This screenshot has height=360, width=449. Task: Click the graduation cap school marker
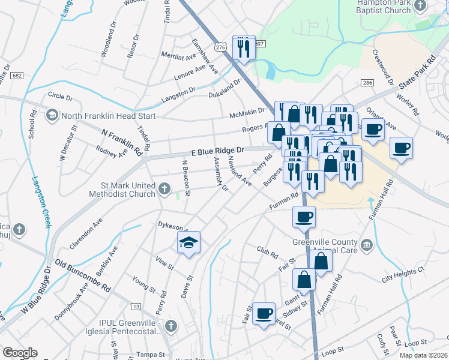pos(188,243)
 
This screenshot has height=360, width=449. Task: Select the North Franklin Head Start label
pos(106,116)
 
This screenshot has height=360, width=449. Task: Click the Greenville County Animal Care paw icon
pos(366,244)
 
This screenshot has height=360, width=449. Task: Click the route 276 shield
pos(220,47)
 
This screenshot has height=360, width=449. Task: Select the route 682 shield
pos(17,76)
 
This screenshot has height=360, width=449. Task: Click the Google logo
pos(20,353)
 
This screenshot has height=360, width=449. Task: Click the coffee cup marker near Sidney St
pos(264,313)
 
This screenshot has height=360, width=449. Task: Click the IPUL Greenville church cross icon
pos(171,326)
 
